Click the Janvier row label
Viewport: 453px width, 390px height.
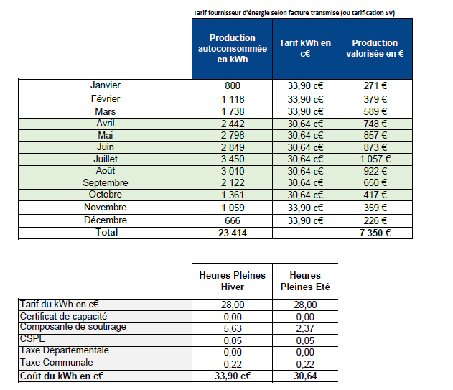pos(105,85)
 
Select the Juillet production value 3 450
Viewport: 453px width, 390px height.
pos(232,159)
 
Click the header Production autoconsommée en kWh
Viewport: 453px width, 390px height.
pos(232,48)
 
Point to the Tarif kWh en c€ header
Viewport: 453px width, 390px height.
pos(304,48)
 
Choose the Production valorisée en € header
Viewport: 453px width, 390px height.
pos(375,48)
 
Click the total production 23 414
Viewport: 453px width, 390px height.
pos(232,233)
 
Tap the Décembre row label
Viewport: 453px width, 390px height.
pos(105,220)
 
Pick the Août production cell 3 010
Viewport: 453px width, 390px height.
pos(232,171)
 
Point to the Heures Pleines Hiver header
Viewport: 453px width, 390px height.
pos(232,281)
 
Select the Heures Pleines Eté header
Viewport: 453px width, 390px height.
pos(304,281)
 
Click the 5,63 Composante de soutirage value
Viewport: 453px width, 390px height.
pos(232,328)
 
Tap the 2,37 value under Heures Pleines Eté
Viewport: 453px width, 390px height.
pos(304,328)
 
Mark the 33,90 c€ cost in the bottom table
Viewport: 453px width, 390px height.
pos(232,376)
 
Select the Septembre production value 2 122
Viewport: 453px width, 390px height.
pos(232,183)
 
